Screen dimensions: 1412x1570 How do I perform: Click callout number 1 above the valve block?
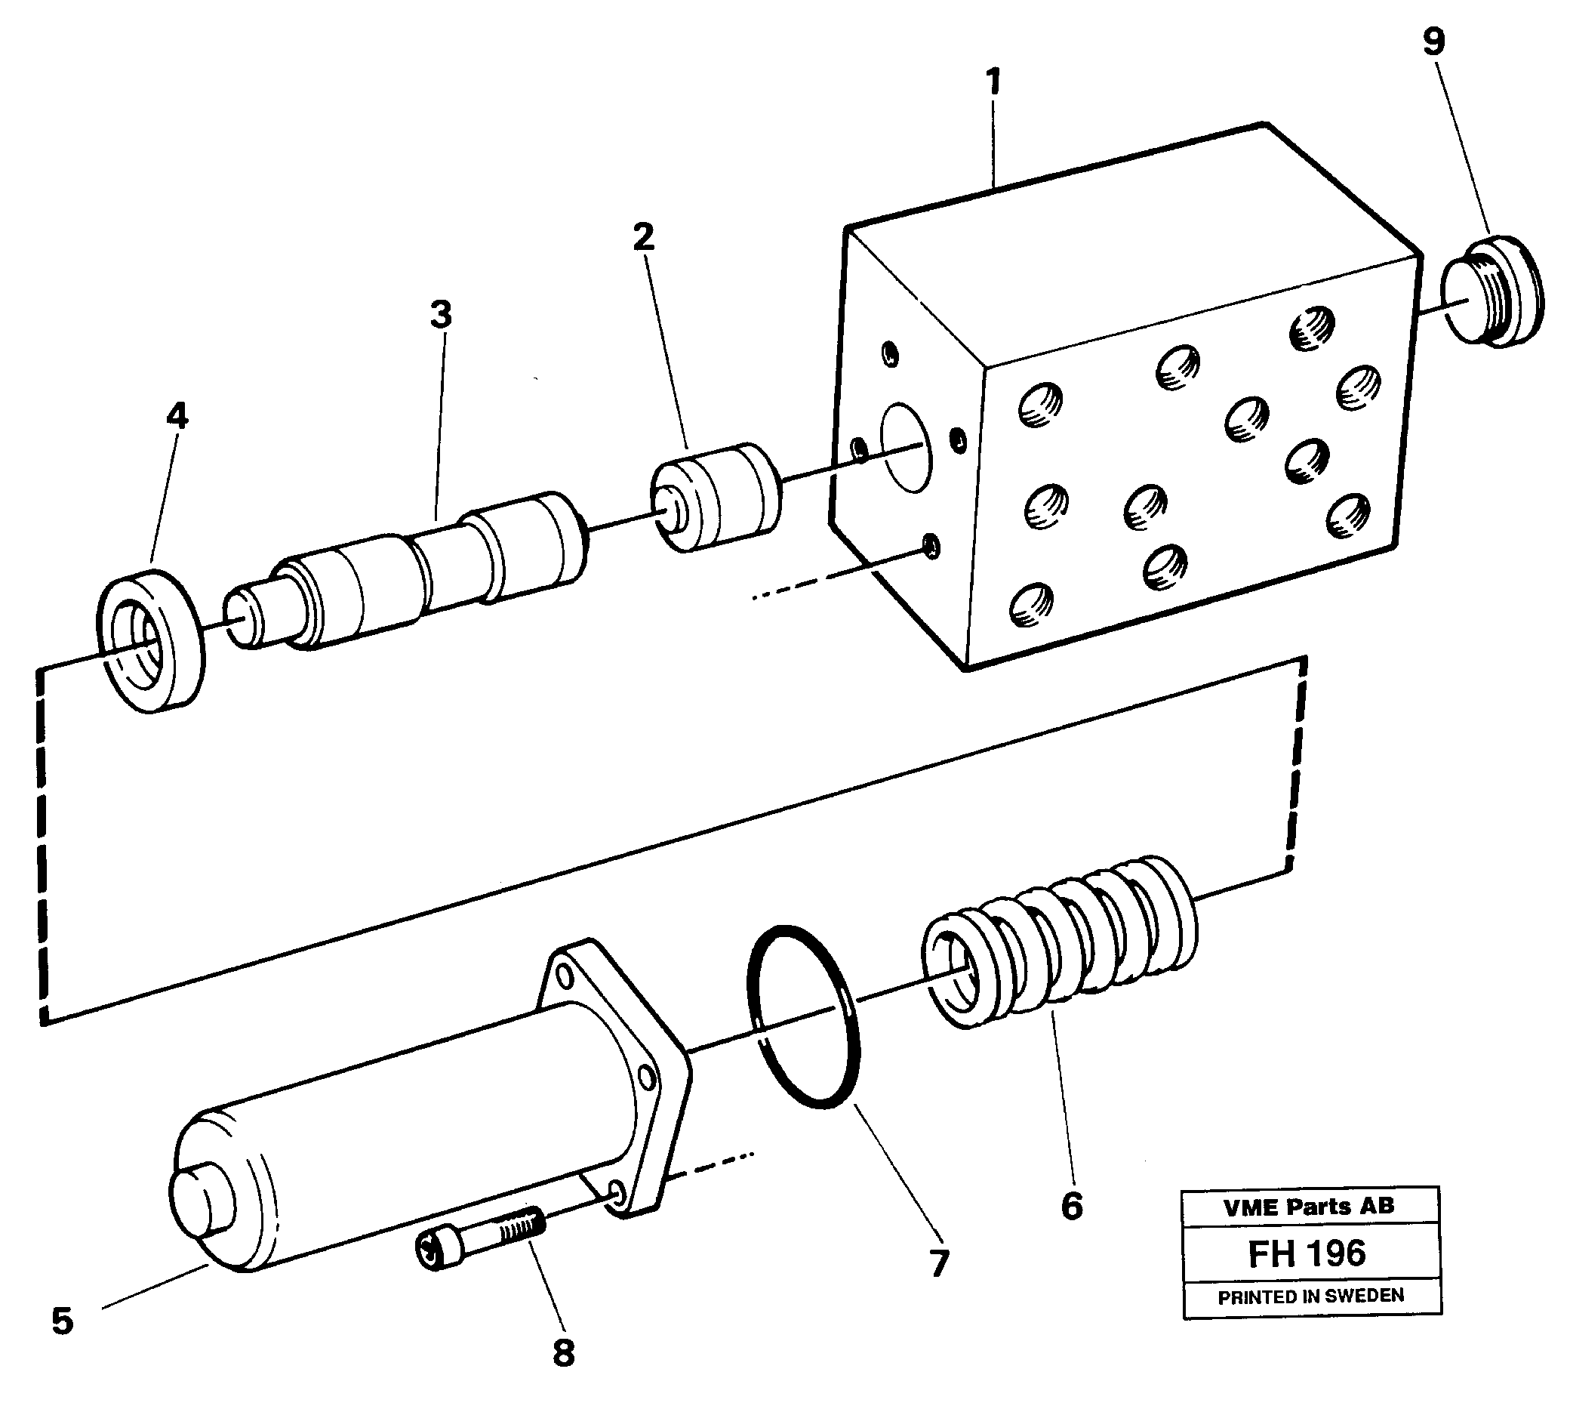(993, 82)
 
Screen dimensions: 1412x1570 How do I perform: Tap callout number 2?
(643, 237)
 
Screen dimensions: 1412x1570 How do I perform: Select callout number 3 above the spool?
(441, 315)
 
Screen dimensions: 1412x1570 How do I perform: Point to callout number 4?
(177, 417)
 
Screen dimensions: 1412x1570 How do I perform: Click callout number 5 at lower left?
(62, 1321)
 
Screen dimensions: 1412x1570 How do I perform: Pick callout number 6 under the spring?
(1071, 1206)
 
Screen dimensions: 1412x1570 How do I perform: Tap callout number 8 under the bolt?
(564, 1353)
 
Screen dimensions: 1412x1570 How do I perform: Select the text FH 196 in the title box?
(1307, 1253)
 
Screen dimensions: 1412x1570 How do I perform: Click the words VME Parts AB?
(1309, 1207)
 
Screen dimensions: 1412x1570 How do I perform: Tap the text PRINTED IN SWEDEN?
(1310, 1297)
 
